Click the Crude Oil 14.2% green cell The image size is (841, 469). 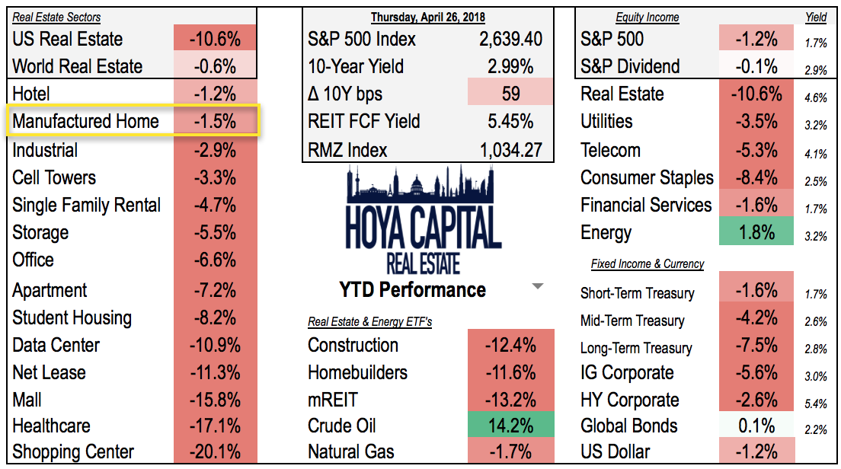(x=510, y=426)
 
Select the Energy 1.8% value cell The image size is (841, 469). (x=756, y=232)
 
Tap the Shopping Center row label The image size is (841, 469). (x=73, y=452)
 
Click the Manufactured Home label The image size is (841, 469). (x=85, y=121)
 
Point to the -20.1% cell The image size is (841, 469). (x=215, y=452)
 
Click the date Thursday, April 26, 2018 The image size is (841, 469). (x=427, y=17)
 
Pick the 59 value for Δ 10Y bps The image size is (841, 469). (x=510, y=94)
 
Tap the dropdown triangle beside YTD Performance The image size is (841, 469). (x=538, y=287)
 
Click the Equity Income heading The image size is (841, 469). (x=647, y=17)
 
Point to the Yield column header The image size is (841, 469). (x=816, y=17)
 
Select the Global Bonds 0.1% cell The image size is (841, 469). (x=756, y=426)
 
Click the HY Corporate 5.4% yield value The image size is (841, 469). (x=816, y=404)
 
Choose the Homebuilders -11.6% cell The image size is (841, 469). (x=510, y=373)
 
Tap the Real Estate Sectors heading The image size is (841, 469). (x=56, y=17)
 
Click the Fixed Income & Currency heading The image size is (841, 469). (x=647, y=264)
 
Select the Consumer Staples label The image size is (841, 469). (x=647, y=177)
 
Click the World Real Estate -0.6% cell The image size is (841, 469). (x=215, y=66)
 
